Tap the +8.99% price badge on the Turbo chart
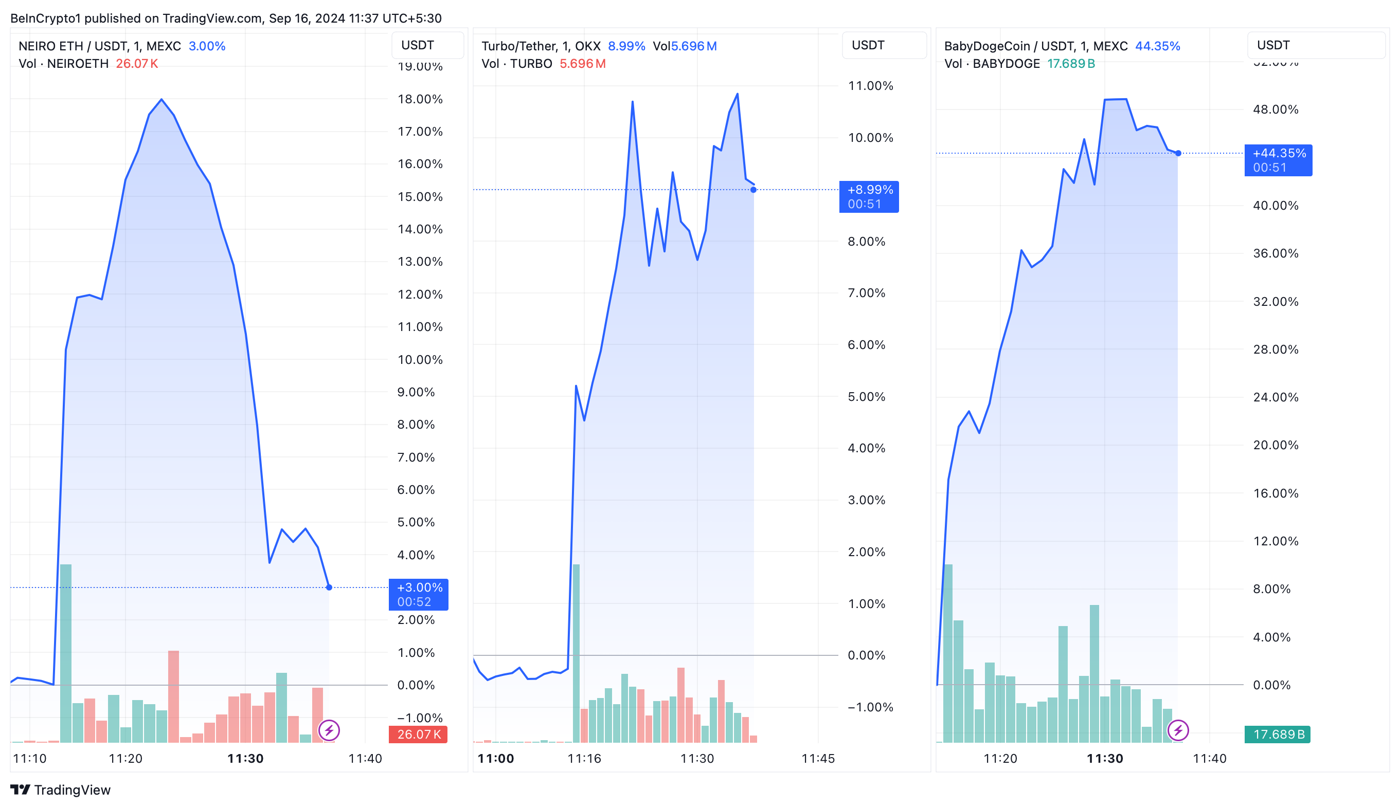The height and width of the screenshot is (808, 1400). (x=869, y=196)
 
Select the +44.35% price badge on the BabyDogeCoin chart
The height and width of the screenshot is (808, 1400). (x=1278, y=160)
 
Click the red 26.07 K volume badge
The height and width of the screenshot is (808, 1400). (x=418, y=734)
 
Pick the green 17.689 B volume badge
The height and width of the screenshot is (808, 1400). (x=1277, y=734)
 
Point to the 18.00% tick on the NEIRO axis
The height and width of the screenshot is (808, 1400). (x=420, y=99)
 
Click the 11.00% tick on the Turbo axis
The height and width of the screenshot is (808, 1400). (x=870, y=86)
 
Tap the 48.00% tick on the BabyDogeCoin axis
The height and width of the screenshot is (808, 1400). (x=1275, y=109)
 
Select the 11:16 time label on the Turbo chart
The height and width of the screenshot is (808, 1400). (x=584, y=758)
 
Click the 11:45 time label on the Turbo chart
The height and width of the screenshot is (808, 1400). (x=818, y=758)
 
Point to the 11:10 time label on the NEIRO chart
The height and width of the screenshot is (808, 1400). (x=29, y=758)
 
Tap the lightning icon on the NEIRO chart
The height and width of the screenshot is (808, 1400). (x=329, y=730)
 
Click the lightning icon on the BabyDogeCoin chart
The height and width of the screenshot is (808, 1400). (x=1178, y=730)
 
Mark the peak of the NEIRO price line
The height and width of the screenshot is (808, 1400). (x=161, y=100)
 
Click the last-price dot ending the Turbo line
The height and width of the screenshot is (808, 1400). (x=753, y=190)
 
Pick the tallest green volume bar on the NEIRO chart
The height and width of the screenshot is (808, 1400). (x=65, y=653)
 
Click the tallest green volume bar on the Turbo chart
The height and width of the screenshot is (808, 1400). (x=576, y=653)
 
